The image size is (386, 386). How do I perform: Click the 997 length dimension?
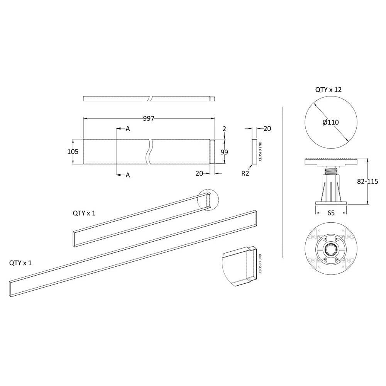(149, 119)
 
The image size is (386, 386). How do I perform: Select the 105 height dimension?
(73, 151)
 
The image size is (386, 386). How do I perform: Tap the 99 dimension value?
(224, 152)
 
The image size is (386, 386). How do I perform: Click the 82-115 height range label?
(367, 181)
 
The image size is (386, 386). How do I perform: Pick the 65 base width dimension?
(331, 213)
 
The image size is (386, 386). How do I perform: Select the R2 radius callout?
(245, 173)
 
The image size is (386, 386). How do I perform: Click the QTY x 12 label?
(328, 90)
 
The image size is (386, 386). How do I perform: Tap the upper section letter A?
(127, 129)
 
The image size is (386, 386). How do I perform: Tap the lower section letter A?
(127, 175)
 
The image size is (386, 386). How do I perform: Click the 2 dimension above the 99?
(224, 129)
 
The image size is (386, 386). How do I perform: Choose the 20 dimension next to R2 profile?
(267, 128)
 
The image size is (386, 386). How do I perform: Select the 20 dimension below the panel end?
(199, 173)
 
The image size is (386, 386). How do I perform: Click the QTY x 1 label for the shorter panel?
(84, 213)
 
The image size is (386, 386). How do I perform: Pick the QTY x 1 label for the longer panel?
(20, 263)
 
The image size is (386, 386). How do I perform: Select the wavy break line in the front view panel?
(150, 152)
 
